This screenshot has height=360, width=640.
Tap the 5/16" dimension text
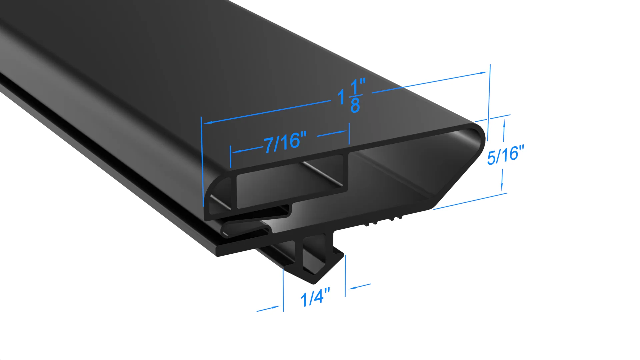pos(505,155)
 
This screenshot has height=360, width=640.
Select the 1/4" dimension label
pos(315,297)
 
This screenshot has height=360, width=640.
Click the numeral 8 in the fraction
pos(355,106)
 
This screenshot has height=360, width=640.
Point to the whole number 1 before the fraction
pos(341,97)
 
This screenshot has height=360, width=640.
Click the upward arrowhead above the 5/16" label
pos(504,122)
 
